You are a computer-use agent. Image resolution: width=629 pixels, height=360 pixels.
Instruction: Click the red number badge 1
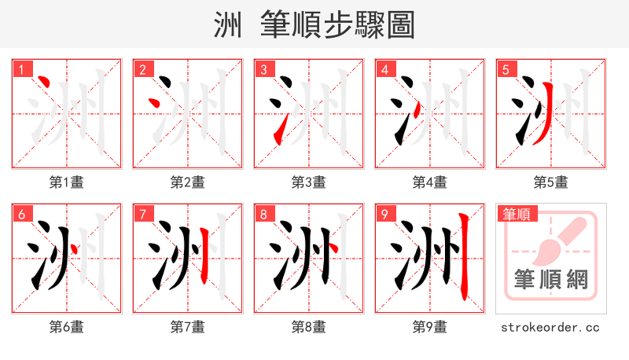click(x=20, y=69)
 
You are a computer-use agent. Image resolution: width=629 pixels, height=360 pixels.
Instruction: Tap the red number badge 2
click(x=142, y=69)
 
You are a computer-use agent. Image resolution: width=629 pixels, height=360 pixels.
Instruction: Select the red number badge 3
click(x=263, y=69)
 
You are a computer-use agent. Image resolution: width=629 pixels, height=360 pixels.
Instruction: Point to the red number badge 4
click(x=384, y=69)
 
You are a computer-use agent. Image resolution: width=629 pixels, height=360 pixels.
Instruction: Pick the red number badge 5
click(x=505, y=69)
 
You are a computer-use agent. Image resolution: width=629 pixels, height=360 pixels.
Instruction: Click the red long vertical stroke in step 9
click(x=464, y=259)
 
